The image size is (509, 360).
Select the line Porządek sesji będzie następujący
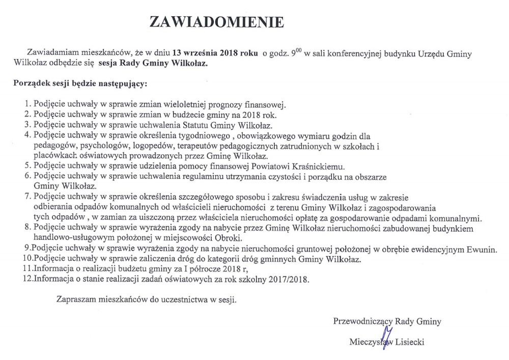[x=80, y=82]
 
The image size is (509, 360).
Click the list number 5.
[x=27, y=166]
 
